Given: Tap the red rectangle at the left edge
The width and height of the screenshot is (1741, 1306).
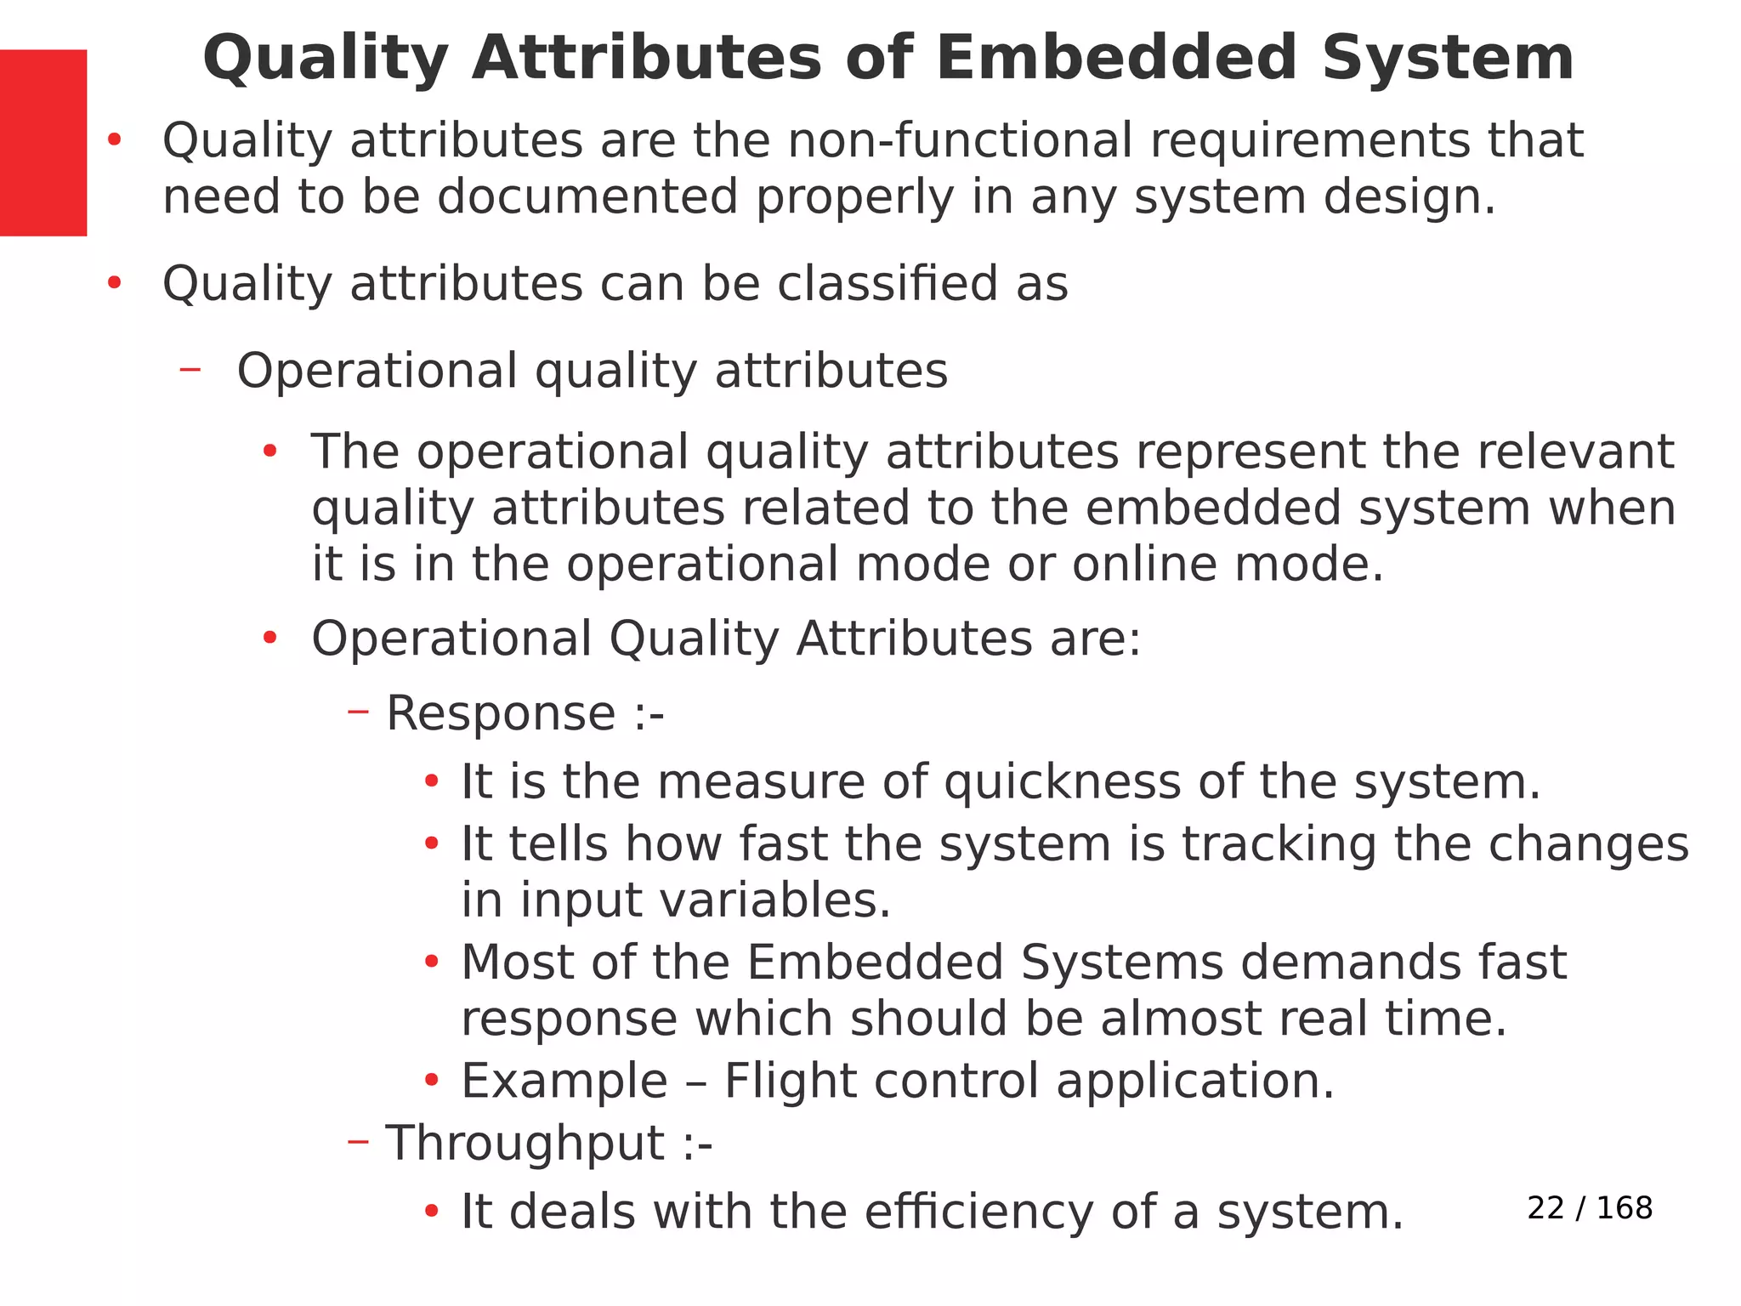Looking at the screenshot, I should (x=43, y=142).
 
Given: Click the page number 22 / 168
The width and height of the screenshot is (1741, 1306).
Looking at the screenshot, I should (x=1590, y=1207).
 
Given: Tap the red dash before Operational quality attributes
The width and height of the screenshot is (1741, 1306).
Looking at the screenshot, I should (x=190, y=369).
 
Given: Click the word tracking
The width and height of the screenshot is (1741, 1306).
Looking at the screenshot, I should (x=1279, y=844).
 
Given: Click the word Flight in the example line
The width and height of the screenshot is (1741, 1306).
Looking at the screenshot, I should (x=790, y=1081).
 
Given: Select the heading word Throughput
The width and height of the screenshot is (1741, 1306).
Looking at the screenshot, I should (x=525, y=1143).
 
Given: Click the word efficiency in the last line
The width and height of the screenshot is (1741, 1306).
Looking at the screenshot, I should (x=978, y=1212).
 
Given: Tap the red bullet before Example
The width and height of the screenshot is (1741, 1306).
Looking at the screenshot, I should (x=432, y=1081).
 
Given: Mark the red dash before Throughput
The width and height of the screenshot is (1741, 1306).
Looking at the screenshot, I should (x=358, y=1142).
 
